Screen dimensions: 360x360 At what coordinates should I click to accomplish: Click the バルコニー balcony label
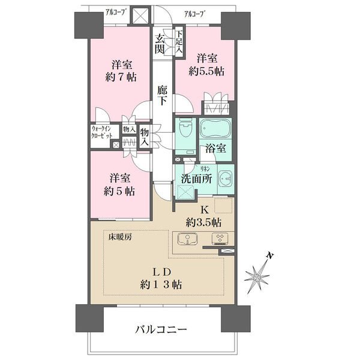click(160, 329)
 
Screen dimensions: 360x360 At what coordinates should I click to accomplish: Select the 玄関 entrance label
click(161, 44)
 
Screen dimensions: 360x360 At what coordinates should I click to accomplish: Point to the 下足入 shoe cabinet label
click(179, 43)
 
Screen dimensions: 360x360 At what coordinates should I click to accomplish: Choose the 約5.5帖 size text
click(207, 71)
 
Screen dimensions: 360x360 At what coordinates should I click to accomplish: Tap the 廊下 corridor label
click(162, 94)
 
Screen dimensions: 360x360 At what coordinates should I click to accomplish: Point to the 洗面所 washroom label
click(194, 178)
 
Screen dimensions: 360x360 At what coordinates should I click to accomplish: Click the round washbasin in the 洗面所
click(224, 179)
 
